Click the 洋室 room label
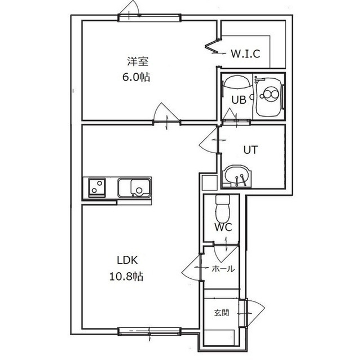(138, 61)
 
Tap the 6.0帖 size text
(137, 77)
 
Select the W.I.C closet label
(245, 54)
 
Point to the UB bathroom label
(239, 100)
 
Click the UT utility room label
(250, 150)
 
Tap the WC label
(223, 228)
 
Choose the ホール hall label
(223, 269)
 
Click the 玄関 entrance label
(222, 313)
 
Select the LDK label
(127, 260)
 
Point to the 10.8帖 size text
(126, 276)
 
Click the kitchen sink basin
(134, 188)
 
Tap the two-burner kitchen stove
(97, 188)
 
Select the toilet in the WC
(223, 207)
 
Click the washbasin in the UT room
(236, 176)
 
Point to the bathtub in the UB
(268, 96)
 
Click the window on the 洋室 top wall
(149, 18)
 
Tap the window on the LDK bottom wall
(149, 331)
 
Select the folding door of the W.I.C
(212, 46)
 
